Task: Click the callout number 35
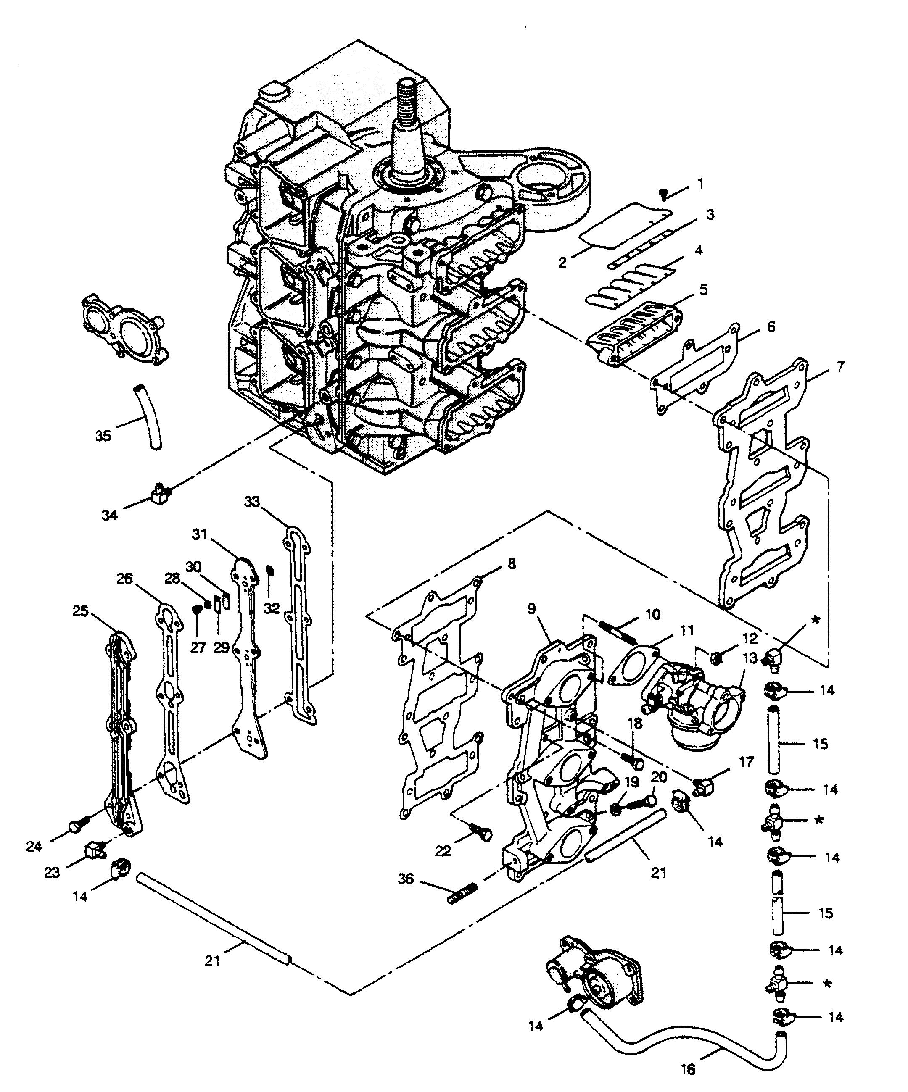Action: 103,435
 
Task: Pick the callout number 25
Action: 81,611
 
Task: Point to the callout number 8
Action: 512,563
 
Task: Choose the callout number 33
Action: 252,501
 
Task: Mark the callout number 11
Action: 686,631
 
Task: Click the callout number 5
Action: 704,289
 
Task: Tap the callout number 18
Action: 635,724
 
